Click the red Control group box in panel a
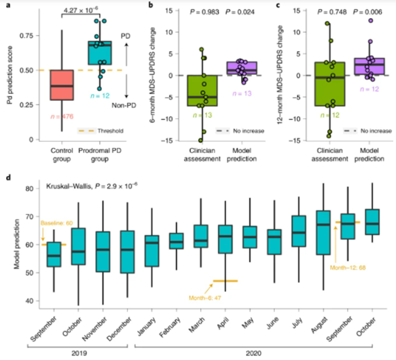tap(61, 85)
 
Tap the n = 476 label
tap(62, 117)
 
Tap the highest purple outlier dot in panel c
tap(371, 21)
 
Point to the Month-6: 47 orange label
tap(204, 298)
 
